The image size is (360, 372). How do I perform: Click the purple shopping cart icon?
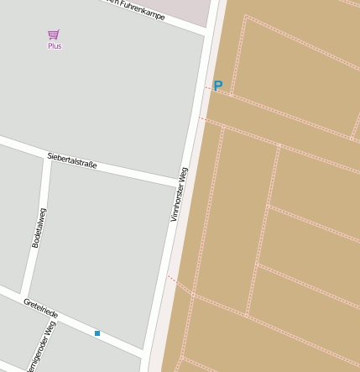[x=54, y=34]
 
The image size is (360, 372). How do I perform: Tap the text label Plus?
[x=55, y=46]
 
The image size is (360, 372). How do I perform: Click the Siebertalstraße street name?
[x=72, y=160]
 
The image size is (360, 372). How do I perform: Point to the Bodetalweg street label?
[x=39, y=228]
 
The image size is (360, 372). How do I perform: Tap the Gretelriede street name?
[x=40, y=308]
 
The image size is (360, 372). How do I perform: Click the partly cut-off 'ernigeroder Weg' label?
[x=42, y=347]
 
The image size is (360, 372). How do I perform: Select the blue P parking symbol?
[x=218, y=86]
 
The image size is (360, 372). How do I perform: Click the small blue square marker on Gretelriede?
[x=97, y=333]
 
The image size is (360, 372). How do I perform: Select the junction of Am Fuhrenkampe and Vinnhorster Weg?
[x=206, y=33]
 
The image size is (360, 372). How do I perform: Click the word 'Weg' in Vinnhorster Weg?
[x=184, y=176]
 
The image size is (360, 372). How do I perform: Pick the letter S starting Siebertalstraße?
[x=50, y=155]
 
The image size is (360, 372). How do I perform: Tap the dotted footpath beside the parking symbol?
[x=208, y=87]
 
